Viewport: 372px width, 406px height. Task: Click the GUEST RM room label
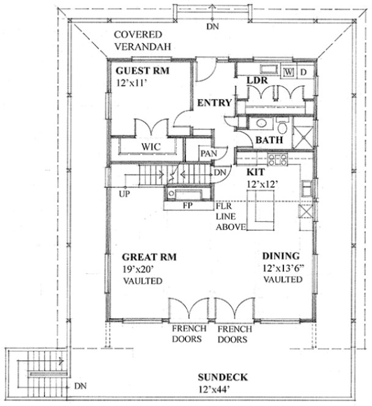pyautogui.click(x=142, y=70)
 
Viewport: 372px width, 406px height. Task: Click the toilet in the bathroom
pyautogui.click(x=282, y=128)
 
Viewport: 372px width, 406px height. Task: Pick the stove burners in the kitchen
pyautogui.click(x=279, y=161)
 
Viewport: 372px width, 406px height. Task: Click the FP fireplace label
pyautogui.click(x=188, y=205)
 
